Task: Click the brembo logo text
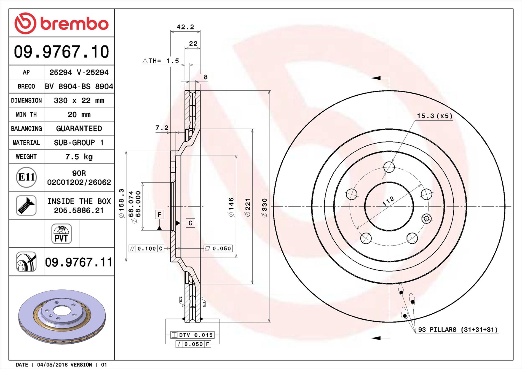click(x=74, y=24)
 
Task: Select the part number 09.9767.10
click(x=61, y=52)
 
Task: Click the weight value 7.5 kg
click(x=79, y=157)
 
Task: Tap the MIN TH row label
click(x=26, y=115)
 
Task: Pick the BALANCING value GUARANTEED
click(x=79, y=129)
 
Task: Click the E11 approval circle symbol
click(x=26, y=177)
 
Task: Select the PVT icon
click(x=61, y=234)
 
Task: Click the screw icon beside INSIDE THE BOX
click(x=26, y=206)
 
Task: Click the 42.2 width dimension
click(x=185, y=27)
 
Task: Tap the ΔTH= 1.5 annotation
click(x=161, y=61)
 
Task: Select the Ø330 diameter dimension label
click(x=264, y=208)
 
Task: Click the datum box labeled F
click(x=159, y=214)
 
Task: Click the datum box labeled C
click(x=190, y=223)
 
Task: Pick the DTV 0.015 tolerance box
click(x=192, y=335)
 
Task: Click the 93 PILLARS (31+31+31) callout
click(x=458, y=330)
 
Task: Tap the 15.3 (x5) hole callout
click(x=435, y=116)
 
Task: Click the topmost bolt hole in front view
click(x=389, y=167)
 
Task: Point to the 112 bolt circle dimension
click(x=388, y=201)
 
